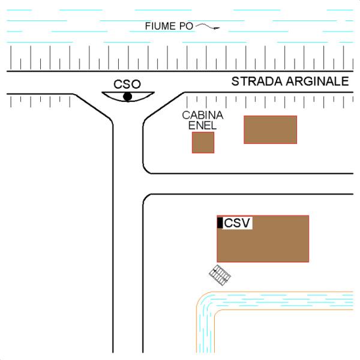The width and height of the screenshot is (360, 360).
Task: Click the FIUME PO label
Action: coord(169,26)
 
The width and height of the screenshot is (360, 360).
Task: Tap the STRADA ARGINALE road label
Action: coord(290,82)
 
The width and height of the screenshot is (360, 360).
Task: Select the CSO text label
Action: coord(127,84)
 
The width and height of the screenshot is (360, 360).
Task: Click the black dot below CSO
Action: coord(127,96)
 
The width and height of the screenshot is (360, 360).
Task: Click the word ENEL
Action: coord(203,125)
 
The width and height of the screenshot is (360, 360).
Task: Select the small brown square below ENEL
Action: coord(203,142)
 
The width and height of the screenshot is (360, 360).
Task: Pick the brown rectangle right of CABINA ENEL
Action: coord(270,130)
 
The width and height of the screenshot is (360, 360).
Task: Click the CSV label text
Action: coord(237,223)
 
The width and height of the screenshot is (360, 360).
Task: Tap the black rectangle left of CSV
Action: coord(220,223)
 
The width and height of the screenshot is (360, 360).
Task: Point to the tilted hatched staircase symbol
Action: coord(220,275)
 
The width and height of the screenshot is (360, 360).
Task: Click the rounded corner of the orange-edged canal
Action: coord(204,301)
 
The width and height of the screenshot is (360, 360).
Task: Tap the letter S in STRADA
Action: coord(236,82)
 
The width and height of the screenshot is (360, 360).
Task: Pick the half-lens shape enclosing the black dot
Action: coord(128,96)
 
